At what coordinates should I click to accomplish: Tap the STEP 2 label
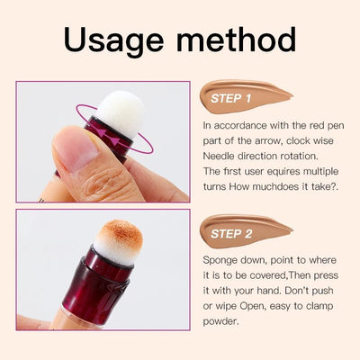[232, 233]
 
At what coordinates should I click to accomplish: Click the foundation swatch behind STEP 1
[270, 94]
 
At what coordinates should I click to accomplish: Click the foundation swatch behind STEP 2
[270, 230]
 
